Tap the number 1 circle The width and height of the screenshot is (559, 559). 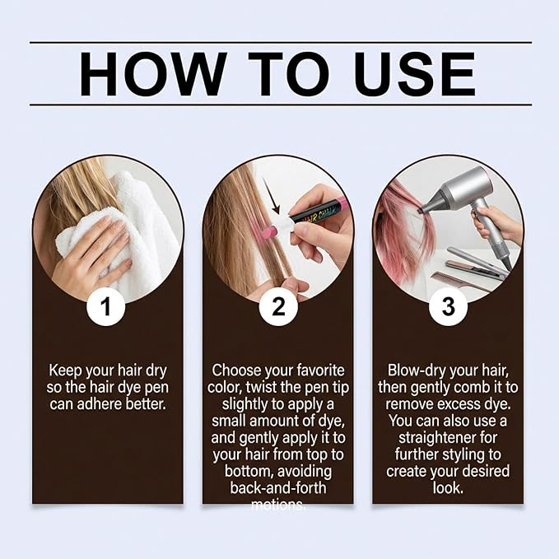click(106, 306)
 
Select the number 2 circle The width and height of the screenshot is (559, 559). click(278, 306)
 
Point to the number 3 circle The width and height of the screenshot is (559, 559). click(448, 306)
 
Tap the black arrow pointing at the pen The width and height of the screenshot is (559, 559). click(272, 197)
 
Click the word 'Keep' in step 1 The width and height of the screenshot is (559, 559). click(65, 370)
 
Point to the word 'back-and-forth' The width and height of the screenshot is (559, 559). click(278, 487)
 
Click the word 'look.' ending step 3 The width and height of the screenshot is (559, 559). click(448, 487)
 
